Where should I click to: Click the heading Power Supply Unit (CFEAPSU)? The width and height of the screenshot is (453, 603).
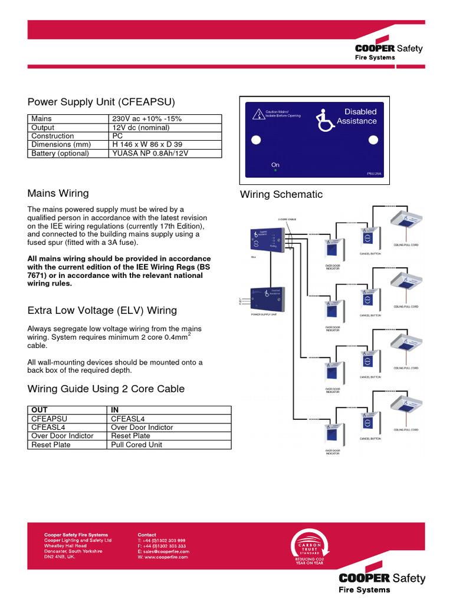click(x=101, y=102)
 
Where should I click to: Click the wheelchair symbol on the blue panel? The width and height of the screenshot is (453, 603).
click(x=324, y=119)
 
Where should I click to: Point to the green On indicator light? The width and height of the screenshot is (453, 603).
click(x=275, y=171)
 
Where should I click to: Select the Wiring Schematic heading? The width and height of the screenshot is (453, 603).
click(x=281, y=194)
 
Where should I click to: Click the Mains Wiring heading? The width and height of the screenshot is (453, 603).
click(x=58, y=193)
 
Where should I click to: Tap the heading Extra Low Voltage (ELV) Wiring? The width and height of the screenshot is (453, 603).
click(x=102, y=310)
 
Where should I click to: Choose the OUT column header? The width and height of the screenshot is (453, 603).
click(x=40, y=410)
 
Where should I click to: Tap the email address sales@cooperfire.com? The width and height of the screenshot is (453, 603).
click(x=163, y=551)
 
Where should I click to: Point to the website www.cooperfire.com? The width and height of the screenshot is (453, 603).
click(x=163, y=557)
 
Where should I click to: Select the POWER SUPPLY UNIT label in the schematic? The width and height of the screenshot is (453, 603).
click(x=264, y=315)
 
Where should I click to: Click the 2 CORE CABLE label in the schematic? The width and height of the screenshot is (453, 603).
click(x=287, y=219)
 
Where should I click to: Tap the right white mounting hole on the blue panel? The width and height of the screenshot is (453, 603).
click(x=373, y=140)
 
